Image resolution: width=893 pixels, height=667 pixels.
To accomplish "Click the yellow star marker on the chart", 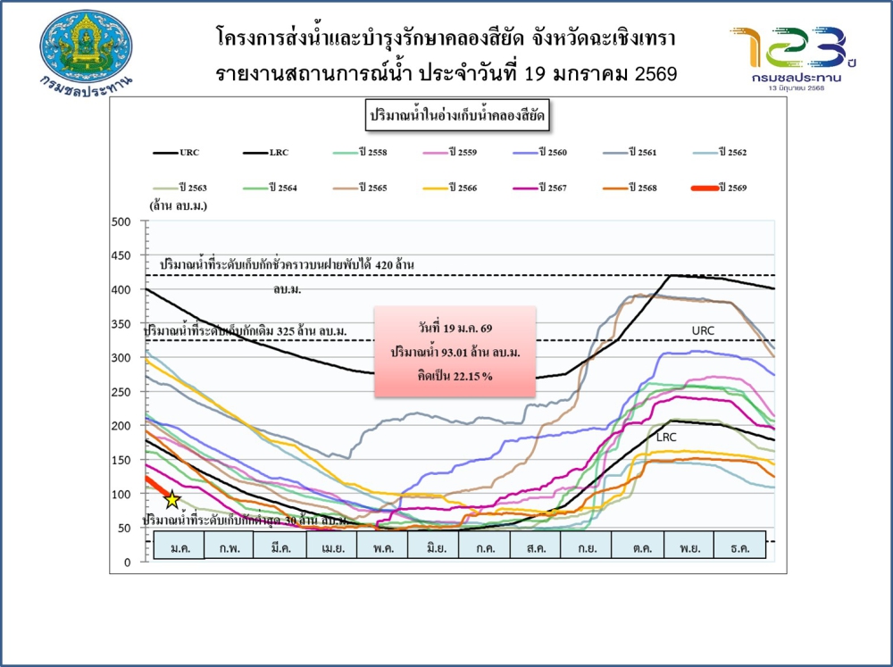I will (171, 500).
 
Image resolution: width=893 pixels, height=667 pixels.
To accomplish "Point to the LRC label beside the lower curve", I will (666, 438).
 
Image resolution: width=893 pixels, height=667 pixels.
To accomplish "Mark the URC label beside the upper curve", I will (704, 330).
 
